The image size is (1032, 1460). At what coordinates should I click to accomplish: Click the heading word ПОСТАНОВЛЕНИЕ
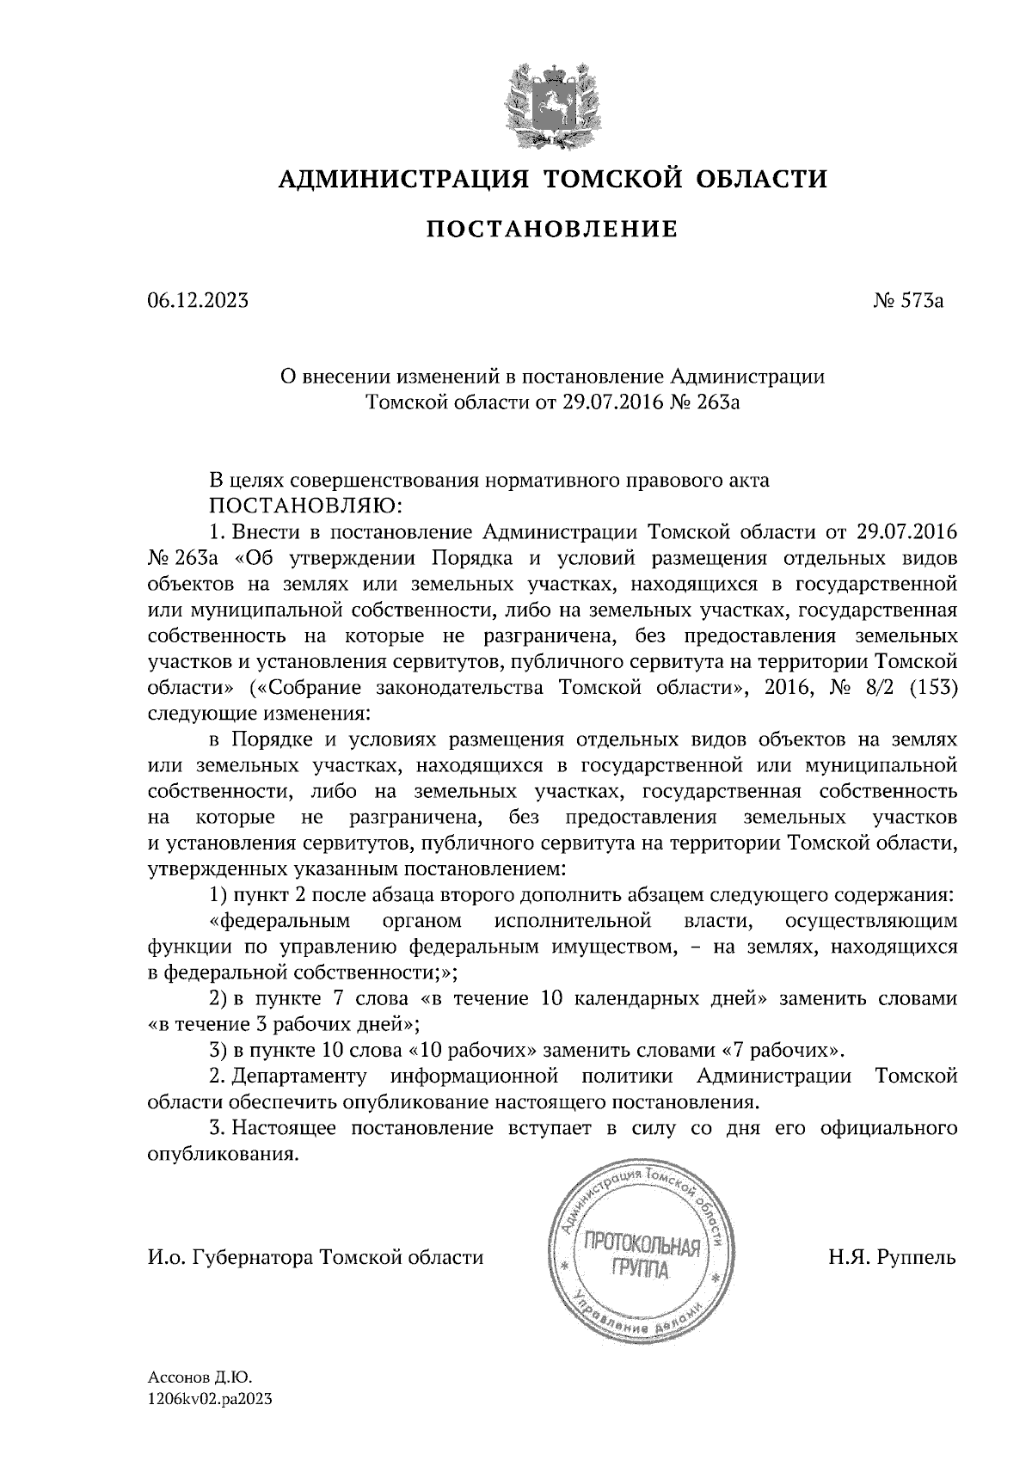(553, 230)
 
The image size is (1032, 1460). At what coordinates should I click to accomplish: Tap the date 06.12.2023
(198, 301)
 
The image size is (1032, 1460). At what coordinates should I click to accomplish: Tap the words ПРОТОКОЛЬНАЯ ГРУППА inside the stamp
(641, 1256)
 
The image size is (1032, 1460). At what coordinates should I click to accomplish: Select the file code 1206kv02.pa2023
(210, 1399)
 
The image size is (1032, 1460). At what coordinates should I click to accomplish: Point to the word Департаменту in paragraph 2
(300, 1076)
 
